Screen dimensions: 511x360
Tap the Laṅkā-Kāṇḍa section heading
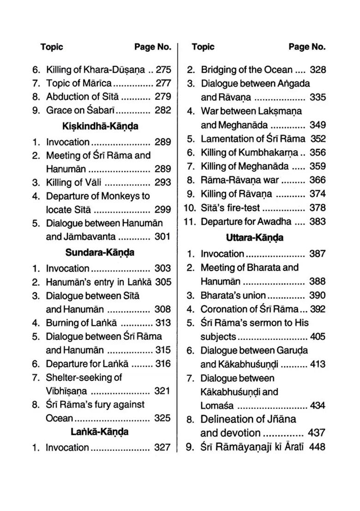[x=100, y=432]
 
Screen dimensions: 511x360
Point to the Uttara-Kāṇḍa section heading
[x=255, y=238]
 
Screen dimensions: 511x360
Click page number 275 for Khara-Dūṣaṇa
[x=163, y=70]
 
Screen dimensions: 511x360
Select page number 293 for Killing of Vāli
[x=163, y=182]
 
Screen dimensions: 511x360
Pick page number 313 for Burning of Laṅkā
[x=163, y=323]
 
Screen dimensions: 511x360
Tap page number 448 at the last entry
[x=318, y=446]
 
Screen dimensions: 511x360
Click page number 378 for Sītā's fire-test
[x=318, y=208]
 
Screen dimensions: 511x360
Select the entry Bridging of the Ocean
[x=246, y=70]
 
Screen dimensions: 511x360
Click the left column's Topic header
[x=52, y=47]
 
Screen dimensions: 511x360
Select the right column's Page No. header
[x=307, y=47]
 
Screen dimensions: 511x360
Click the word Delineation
[x=228, y=419]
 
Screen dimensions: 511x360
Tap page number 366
[x=318, y=180]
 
